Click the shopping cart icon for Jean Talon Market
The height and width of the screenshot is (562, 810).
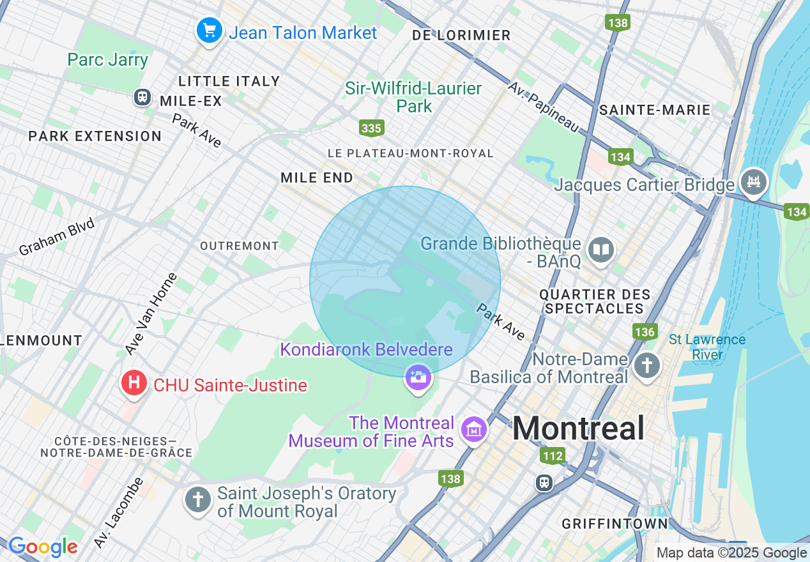click(x=209, y=30)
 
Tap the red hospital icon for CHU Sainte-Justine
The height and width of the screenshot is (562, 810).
click(x=134, y=384)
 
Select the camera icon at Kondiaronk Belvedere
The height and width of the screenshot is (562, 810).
click(x=418, y=377)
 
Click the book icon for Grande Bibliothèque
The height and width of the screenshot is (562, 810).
click(x=601, y=250)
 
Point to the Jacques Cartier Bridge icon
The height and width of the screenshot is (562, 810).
click(x=754, y=181)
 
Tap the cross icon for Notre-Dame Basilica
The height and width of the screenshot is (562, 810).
click(x=647, y=367)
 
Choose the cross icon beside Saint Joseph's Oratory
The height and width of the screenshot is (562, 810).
click(x=198, y=499)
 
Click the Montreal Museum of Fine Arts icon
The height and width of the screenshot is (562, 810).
click(x=475, y=430)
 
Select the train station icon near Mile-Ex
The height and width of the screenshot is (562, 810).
click(x=142, y=97)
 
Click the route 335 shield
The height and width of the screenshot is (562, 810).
click(x=371, y=128)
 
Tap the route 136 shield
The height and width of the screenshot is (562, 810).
click(x=645, y=332)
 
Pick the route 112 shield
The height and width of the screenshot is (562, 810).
click(x=553, y=455)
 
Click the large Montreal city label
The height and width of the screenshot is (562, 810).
click(x=578, y=428)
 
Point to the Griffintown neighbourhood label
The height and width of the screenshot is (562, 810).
click(x=615, y=524)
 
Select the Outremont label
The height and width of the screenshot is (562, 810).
click(x=240, y=246)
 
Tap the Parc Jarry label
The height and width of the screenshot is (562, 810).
click(x=108, y=60)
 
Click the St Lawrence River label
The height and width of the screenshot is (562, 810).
click(x=707, y=347)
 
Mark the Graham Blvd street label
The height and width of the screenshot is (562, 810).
click(x=57, y=236)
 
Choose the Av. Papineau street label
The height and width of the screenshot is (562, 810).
click(x=544, y=107)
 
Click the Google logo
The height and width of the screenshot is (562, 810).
click(x=43, y=547)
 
